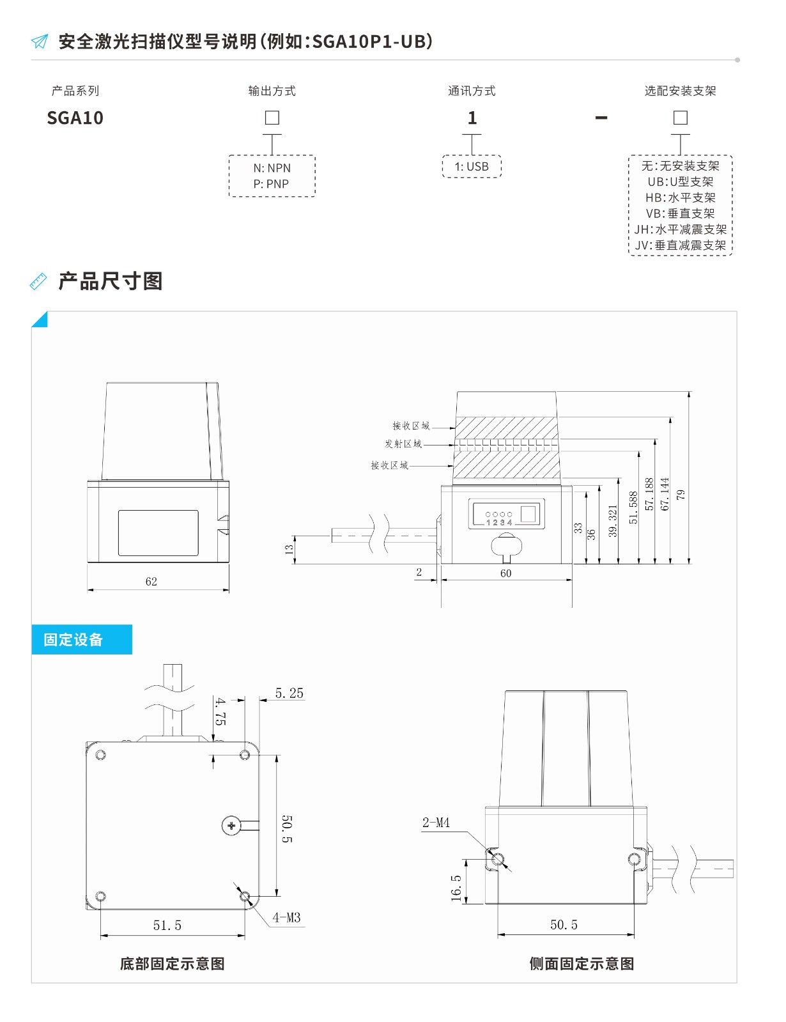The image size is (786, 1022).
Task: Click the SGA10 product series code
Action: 75,118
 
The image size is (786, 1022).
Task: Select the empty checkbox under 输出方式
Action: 272,118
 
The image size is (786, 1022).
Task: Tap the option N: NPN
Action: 272,168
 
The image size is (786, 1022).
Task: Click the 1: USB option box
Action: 472,166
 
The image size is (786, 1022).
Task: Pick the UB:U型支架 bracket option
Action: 680,182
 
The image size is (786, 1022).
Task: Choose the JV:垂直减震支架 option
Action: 680,245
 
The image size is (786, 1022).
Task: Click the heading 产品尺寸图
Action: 111,281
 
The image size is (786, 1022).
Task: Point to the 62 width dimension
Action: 151,582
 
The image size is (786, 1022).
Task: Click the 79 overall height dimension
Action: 681,494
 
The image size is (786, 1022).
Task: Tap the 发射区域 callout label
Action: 403,444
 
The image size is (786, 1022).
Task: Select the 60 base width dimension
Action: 506,573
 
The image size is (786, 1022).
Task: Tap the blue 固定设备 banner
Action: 82,639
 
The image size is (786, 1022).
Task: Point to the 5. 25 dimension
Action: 289,693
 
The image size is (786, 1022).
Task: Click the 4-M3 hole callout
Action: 286,917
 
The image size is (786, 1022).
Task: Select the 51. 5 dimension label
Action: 167,925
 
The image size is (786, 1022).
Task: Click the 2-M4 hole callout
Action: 436,823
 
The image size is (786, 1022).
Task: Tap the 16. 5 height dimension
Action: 456,888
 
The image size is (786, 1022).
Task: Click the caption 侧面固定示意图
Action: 582,964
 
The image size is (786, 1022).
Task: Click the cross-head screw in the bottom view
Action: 231,825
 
